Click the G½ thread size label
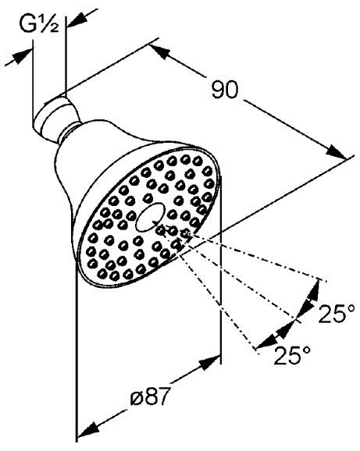pyautogui.click(x=39, y=24)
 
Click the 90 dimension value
pyautogui.click(x=226, y=90)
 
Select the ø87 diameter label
pyautogui.click(x=149, y=396)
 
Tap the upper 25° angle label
pyautogui.click(x=337, y=313)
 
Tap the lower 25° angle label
pyautogui.click(x=292, y=355)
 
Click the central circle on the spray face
pyautogui.click(x=150, y=217)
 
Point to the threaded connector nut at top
pyautogui.click(x=54, y=114)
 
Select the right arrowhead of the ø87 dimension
pyautogui.click(x=210, y=362)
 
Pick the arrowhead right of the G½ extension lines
pyautogui.click(x=77, y=20)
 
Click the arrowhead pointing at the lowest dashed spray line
pyautogui.click(x=267, y=341)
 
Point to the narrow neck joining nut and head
pyautogui.click(x=69, y=133)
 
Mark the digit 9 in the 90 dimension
pyautogui.click(x=219, y=90)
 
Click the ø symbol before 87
pyautogui.click(x=136, y=398)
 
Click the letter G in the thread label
pyautogui.click(x=27, y=24)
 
